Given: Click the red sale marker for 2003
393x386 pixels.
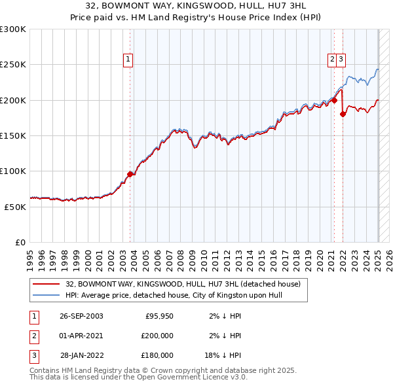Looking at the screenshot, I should pyautogui.click(x=130, y=174).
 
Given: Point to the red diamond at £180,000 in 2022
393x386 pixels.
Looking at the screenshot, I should pyautogui.click(x=343, y=114).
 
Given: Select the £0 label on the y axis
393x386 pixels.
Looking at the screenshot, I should pyautogui.click(x=19, y=242).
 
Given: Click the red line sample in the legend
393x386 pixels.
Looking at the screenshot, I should pyautogui.click(x=46, y=285).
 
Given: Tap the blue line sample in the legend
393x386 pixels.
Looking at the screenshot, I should pyautogui.click(x=46, y=295).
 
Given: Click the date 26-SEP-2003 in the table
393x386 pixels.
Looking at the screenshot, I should pyautogui.click(x=81, y=316).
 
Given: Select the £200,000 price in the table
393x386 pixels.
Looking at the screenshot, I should pyautogui.click(x=158, y=336).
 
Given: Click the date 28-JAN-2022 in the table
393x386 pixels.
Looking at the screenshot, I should pyautogui.click(x=81, y=355).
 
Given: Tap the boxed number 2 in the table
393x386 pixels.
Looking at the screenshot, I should pyautogui.click(x=33, y=336).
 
